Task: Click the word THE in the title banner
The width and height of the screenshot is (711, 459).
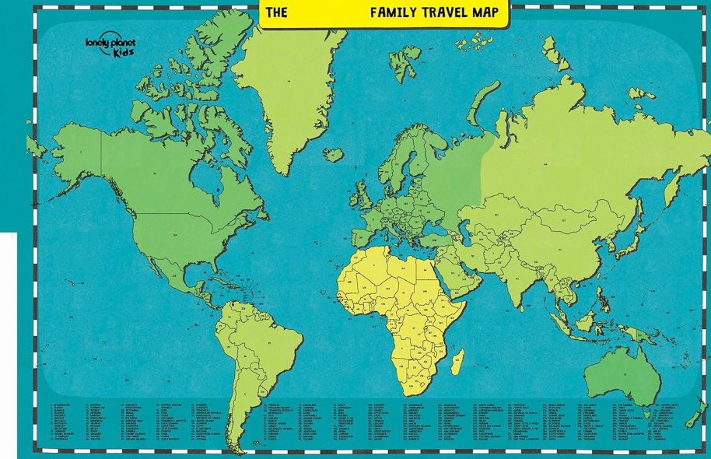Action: coord(276,12)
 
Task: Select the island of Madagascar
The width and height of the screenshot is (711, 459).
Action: coord(458,362)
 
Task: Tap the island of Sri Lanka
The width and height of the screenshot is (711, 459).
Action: coord(537,314)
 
